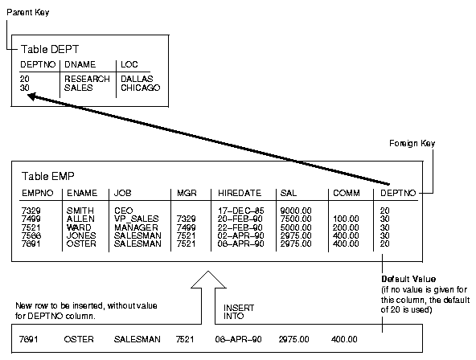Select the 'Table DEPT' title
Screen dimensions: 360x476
pyautogui.click(x=49, y=49)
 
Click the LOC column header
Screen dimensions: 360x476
pyautogui.click(x=129, y=63)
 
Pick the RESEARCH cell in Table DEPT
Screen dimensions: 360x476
pyautogui.click(x=87, y=79)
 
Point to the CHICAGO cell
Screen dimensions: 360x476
pyautogui.click(x=141, y=87)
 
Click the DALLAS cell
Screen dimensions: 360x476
pyautogui.click(x=137, y=79)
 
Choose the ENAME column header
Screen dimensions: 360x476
pyautogui.click(x=81, y=193)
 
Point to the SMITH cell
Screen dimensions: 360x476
pyautogui.click(x=80, y=210)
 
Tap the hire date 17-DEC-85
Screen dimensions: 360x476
pyautogui.click(x=239, y=210)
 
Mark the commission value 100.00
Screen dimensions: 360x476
pyautogui.click(x=347, y=218)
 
